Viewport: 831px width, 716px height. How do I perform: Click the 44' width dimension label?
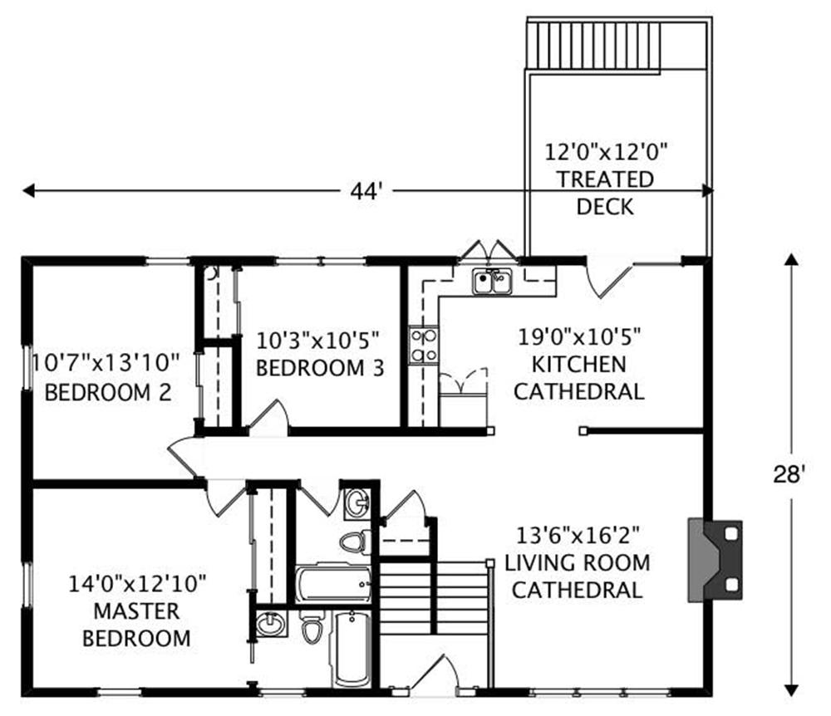point(366,191)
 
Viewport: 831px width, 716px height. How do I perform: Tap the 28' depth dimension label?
point(789,474)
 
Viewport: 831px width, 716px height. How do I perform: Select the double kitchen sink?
point(492,282)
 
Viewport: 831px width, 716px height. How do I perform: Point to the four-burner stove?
point(424,346)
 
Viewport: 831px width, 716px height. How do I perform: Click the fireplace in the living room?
point(715,561)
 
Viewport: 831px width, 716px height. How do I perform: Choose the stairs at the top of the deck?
point(593,45)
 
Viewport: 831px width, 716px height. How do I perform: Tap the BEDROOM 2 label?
point(108,393)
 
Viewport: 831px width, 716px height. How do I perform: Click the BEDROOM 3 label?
point(320,368)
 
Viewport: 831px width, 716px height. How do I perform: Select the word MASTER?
point(136,611)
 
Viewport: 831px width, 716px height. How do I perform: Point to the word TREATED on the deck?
point(605,179)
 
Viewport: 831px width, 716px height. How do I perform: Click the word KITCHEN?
point(578,365)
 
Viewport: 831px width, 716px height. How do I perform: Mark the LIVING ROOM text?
point(578,562)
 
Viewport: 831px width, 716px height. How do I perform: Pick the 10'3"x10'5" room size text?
point(318,341)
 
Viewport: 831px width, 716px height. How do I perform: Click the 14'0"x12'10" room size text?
point(137,584)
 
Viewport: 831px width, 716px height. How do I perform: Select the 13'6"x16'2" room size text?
point(578,535)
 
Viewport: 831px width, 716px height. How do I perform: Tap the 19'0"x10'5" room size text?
point(579,336)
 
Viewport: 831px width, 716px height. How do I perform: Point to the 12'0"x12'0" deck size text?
point(606,152)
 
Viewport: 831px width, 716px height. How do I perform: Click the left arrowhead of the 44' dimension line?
point(28,191)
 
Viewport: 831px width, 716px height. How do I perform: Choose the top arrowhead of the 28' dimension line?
point(791,259)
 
